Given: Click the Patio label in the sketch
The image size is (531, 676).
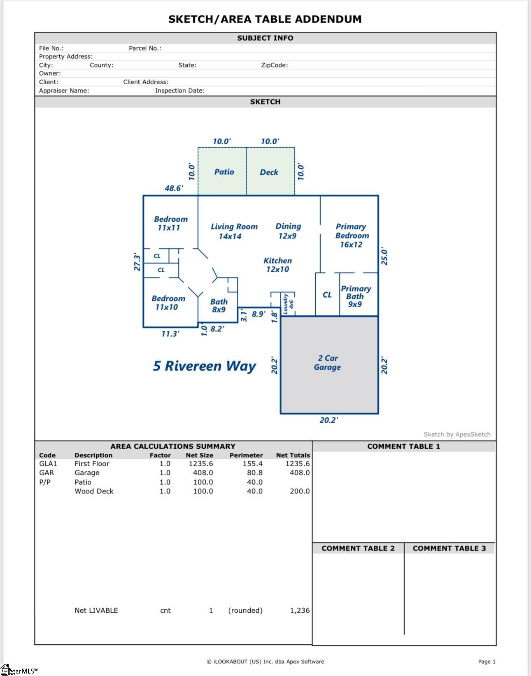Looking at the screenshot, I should tap(224, 172).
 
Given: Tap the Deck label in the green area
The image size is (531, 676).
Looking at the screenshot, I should tap(269, 172).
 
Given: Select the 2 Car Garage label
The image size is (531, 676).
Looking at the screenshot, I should tap(328, 363).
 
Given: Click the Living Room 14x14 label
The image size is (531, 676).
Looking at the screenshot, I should tap(234, 231).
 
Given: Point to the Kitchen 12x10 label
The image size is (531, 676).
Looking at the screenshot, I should tap(277, 265).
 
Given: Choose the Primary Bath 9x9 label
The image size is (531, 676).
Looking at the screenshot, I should tap(356, 296).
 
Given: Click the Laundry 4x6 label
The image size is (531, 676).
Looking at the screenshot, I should tap(288, 303).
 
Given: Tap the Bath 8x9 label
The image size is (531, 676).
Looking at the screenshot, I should tap(219, 306).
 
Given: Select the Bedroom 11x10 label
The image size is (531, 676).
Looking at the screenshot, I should tap(168, 303).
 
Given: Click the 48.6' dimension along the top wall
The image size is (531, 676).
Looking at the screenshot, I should tap(174, 188).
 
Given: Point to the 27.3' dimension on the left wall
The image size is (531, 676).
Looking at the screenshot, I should tap(137, 262).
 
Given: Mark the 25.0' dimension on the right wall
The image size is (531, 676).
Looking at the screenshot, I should tap(384, 257).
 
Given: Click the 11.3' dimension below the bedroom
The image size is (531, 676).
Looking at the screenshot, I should tap(170, 334).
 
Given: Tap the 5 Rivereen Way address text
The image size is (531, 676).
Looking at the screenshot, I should tap(204, 366).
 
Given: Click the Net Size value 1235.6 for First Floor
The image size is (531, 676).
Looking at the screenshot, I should tap(201, 463).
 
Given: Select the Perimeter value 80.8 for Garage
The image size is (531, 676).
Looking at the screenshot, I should tap(254, 473).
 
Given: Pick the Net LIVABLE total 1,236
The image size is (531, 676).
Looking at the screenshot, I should tap(300, 610).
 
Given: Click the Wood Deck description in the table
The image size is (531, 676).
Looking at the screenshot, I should tap(94, 491).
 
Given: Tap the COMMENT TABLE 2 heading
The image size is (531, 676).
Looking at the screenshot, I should tap(358, 548).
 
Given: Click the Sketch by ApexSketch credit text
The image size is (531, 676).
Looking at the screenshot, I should tap(457, 434).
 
